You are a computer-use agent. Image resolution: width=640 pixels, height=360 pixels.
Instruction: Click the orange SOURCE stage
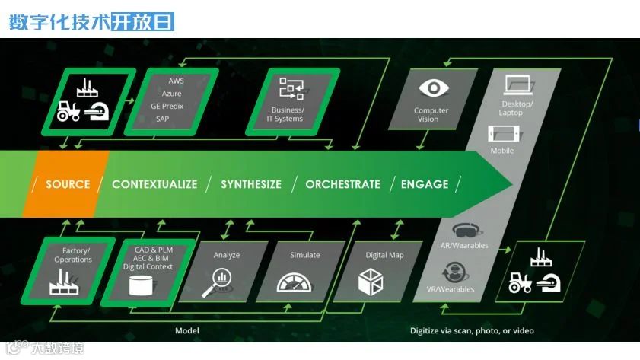click(67, 184)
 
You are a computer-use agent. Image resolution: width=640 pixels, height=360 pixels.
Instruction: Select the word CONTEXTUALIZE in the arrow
click(154, 184)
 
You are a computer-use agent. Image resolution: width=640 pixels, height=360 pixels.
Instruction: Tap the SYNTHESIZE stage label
click(251, 184)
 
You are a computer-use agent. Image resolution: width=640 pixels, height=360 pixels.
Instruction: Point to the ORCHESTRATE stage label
click(342, 184)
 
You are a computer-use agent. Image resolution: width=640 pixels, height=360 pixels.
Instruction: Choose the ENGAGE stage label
click(425, 184)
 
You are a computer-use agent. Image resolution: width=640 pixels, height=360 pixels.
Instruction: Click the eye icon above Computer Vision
click(433, 88)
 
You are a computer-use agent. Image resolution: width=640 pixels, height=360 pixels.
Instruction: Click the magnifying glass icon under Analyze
click(216, 282)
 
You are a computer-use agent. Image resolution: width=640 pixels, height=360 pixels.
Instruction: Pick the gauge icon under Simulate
click(295, 282)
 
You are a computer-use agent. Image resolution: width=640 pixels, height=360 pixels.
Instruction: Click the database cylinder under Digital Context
click(140, 286)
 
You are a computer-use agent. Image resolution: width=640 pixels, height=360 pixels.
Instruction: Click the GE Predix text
click(167, 106)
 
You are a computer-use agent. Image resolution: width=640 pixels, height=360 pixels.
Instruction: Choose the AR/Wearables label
click(464, 246)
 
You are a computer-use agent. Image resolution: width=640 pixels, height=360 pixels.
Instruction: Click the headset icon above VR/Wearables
click(457, 272)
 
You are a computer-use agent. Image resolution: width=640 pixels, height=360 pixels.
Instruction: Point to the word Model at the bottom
click(187, 331)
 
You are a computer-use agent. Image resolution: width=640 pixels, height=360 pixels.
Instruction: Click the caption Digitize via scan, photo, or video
click(472, 331)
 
